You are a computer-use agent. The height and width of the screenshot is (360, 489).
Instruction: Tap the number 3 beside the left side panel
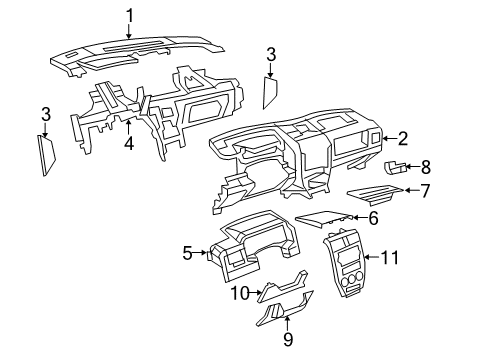(x=45, y=115)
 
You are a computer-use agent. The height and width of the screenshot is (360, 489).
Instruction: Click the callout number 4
(x=128, y=144)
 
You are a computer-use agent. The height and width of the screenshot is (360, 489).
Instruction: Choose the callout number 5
(x=187, y=254)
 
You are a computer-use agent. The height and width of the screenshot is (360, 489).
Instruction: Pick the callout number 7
(x=425, y=190)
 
